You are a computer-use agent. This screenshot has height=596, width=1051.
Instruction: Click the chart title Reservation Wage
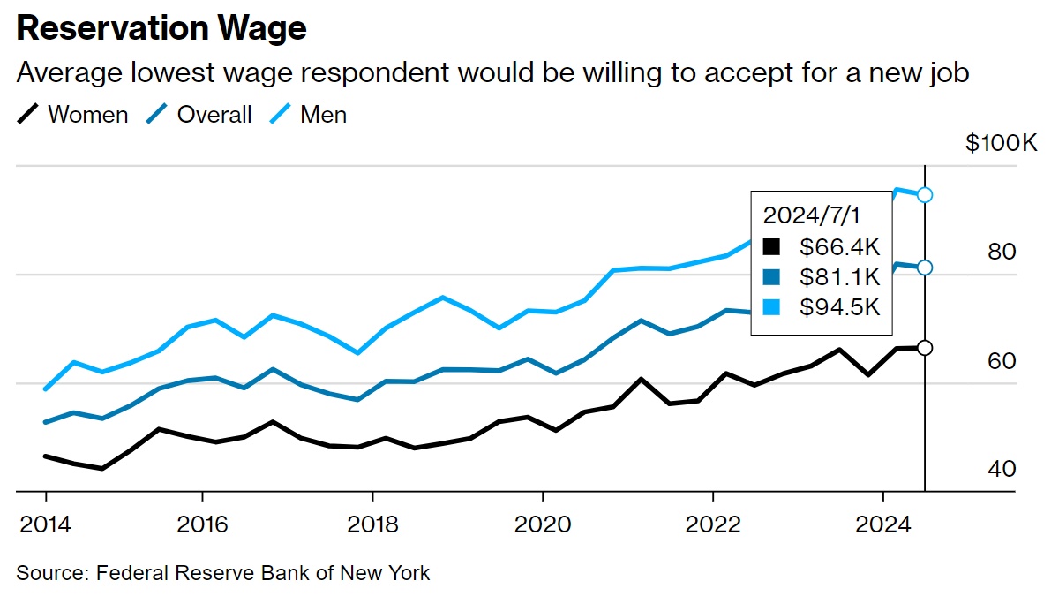[x=161, y=29]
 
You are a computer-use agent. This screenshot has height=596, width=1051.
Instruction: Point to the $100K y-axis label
[x=1002, y=143]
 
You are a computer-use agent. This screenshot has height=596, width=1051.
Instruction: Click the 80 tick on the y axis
[x=1002, y=253]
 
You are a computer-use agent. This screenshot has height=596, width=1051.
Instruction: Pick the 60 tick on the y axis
[x=1002, y=361]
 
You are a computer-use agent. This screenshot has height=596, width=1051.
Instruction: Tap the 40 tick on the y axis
[x=1002, y=469]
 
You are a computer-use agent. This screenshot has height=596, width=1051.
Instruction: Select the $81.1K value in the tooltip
[x=840, y=276]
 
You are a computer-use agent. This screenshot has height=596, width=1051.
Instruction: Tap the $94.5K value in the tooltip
[x=840, y=306]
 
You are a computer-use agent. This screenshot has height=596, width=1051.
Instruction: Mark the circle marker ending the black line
[x=925, y=348]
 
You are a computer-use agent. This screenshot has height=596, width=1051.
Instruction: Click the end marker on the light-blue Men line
[x=925, y=195]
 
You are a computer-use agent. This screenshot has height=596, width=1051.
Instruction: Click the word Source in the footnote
[x=49, y=573]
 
